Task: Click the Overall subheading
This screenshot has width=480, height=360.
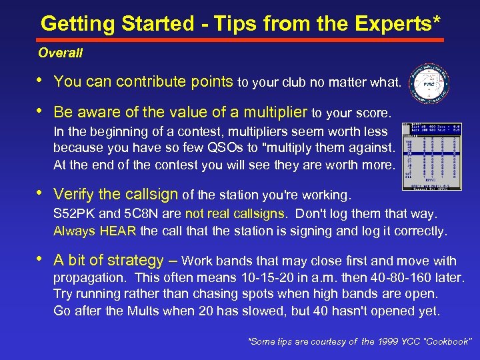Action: click(x=60, y=52)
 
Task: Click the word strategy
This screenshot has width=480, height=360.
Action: click(x=135, y=261)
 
